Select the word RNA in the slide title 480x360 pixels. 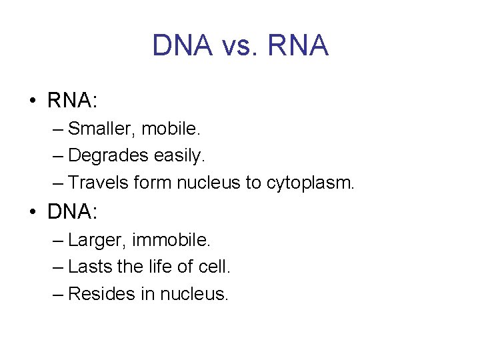pyautogui.click(x=298, y=46)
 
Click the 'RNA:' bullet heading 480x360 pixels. pyautogui.click(x=73, y=101)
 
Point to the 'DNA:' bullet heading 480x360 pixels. pyautogui.click(x=73, y=212)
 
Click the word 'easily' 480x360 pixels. pyautogui.click(x=179, y=155)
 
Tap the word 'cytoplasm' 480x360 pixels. pyautogui.click(x=311, y=183)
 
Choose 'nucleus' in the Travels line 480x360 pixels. pyautogui.click(x=209, y=183)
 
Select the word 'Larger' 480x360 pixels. pyautogui.click(x=90, y=239)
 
